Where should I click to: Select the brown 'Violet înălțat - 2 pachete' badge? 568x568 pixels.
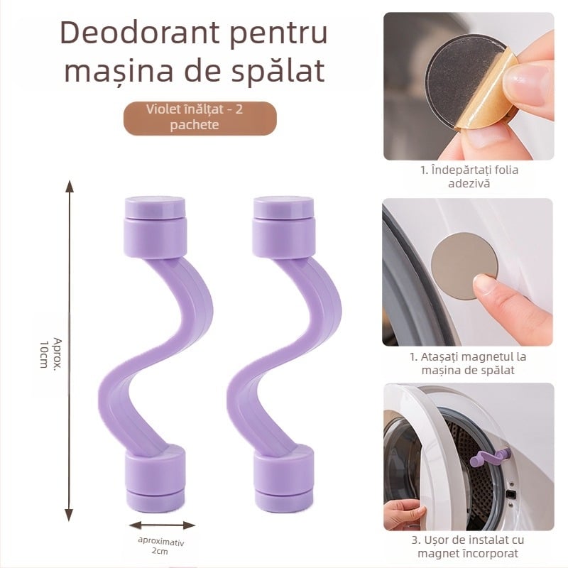coord(198,118)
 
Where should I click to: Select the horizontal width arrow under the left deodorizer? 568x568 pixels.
coord(162,525)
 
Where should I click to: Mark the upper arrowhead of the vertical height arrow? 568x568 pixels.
coord(69,187)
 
